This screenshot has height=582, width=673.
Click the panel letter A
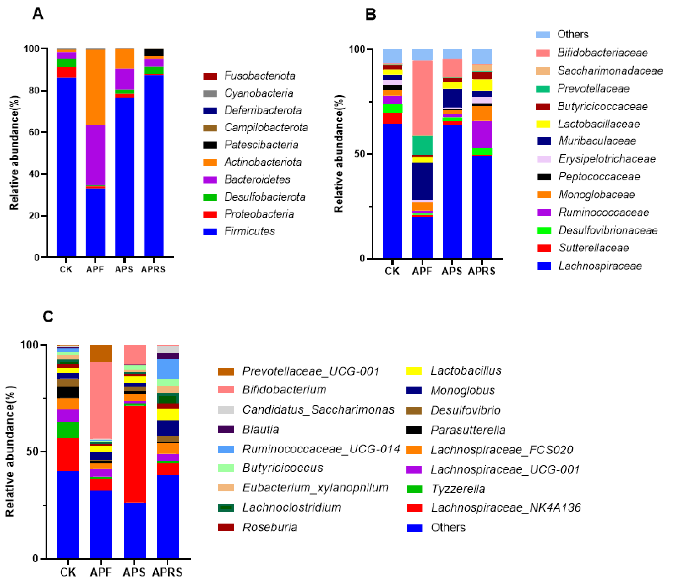(38, 14)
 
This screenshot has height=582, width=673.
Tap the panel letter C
(48, 316)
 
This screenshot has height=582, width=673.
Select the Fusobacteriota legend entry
(259, 76)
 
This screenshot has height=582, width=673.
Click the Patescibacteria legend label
(261, 145)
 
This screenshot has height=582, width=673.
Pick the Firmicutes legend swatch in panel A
(210, 232)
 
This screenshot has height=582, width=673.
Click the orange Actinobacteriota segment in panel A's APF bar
(95, 87)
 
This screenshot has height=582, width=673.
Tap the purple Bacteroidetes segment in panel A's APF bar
(95, 155)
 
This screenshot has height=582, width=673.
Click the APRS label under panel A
(153, 270)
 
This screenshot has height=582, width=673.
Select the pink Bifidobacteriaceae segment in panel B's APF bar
(422, 97)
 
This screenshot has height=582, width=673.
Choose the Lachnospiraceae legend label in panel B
(600, 266)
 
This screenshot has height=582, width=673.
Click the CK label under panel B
(392, 271)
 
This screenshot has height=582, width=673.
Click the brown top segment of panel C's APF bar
(101, 353)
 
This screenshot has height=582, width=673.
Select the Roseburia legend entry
(269, 527)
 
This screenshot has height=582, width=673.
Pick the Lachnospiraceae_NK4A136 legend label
(505, 508)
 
